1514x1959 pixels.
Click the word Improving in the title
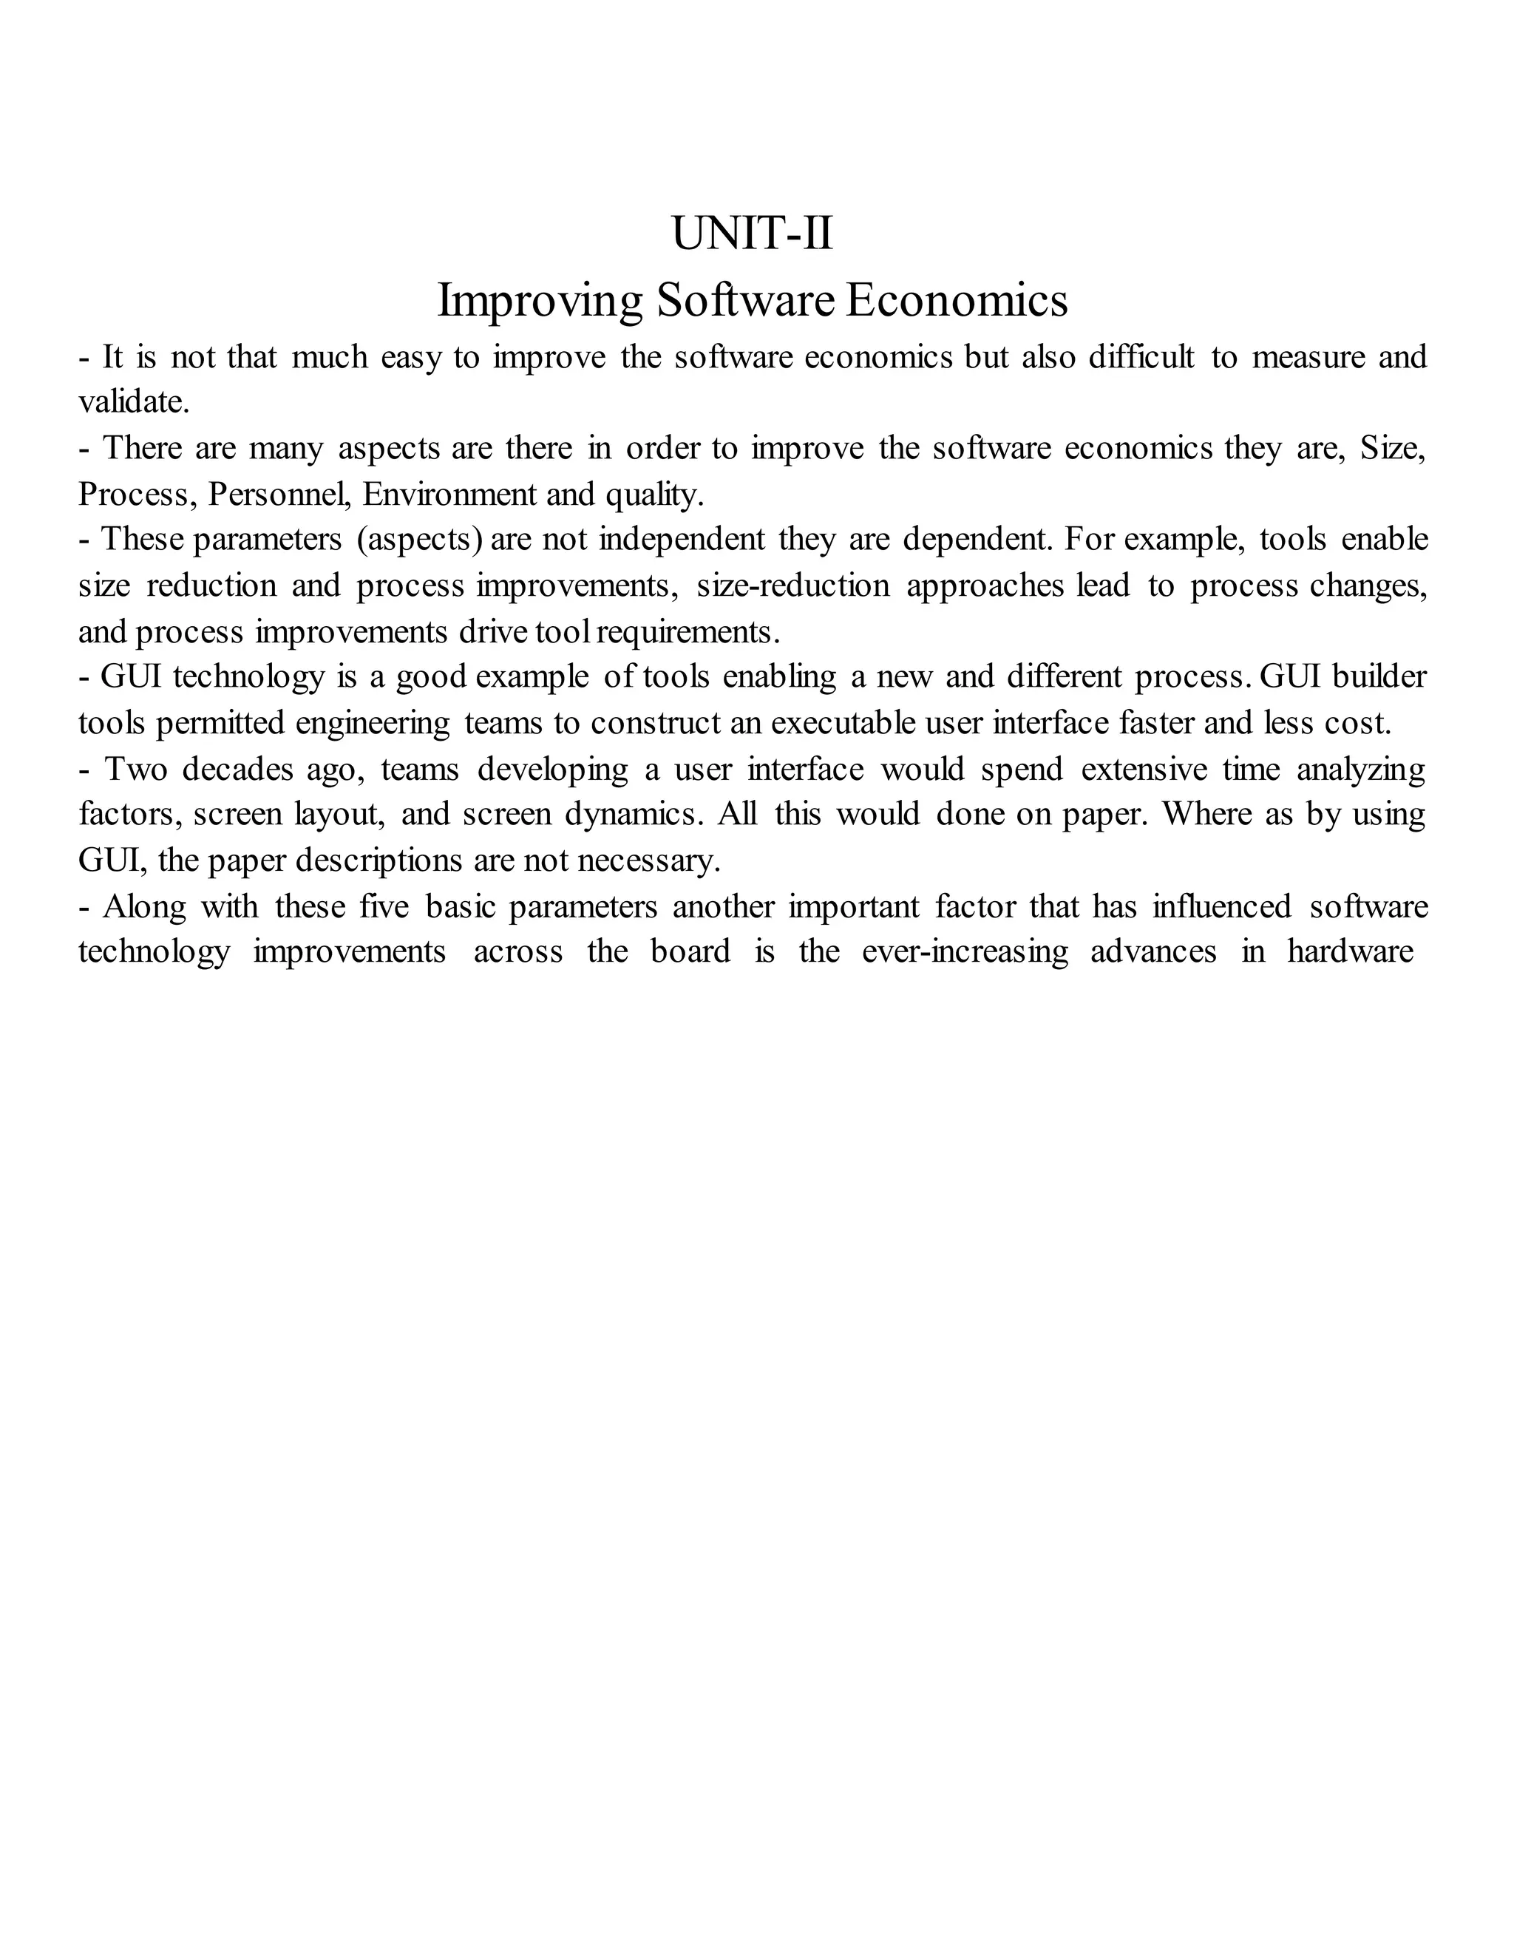coord(539,299)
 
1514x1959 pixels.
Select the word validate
coord(134,402)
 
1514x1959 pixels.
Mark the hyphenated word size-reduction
coord(793,585)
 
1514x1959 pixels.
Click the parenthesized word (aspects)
coord(420,539)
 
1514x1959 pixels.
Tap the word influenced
coord(1221,906)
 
